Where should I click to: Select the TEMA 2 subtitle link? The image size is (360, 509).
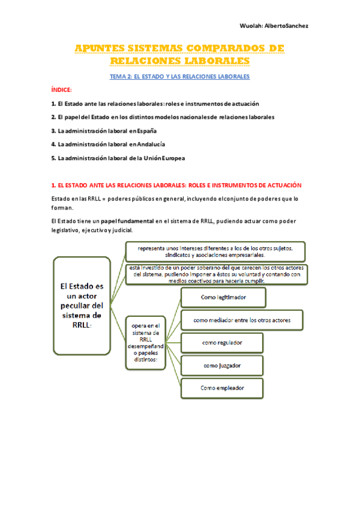(179, 77)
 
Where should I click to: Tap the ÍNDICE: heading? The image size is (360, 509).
(61, 89)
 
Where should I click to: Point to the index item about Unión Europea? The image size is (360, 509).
(118, 158)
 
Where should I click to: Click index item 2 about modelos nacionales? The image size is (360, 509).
(163, 117)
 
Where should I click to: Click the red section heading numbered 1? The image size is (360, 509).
(176, 185)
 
